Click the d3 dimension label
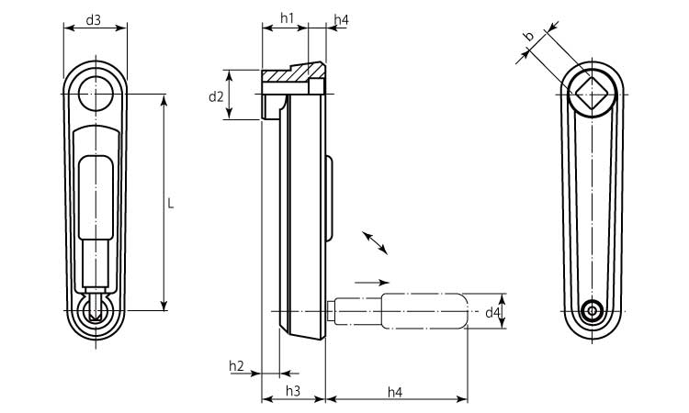(94, 19)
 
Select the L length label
(171, 204)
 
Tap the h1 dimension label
(286, 18)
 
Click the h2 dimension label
(236, 367)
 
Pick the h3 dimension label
(293, 391)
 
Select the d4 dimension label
(493, 313)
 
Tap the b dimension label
(528, 36)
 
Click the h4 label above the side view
(340, 18)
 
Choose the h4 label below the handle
(395, 391)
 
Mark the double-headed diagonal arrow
(375, 241)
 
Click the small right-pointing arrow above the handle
(371, 282)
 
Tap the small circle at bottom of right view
(593, 311)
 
